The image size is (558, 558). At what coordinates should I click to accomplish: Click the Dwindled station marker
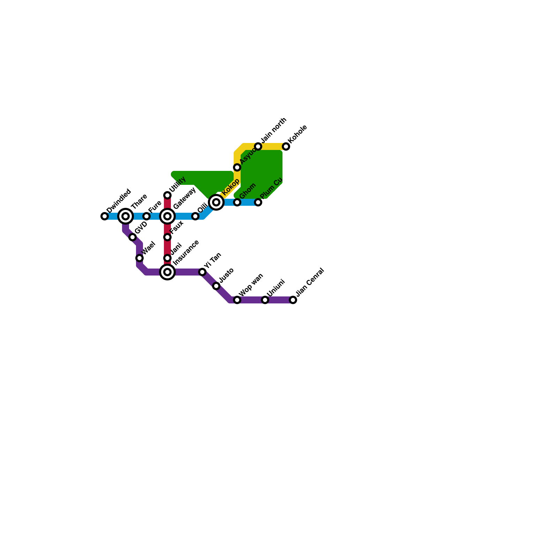[x=105, y=216]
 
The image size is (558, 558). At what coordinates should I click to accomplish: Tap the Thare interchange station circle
[x=126, y=216]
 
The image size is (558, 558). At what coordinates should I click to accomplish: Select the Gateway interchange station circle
[x=167, y=216]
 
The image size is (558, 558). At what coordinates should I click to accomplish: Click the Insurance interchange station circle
[x=167, y=272]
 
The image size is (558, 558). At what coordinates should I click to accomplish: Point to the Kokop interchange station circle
[x=216, y=202]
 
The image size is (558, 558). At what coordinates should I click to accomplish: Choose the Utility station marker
[x=167, y=195]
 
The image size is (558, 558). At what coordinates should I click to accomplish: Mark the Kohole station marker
[x=286, y=146]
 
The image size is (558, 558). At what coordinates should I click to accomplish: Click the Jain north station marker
[x=258, y=146]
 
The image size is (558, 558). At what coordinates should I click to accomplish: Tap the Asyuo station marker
[x=237, y=167]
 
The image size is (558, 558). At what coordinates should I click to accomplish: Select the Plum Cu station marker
[x=258, y=202]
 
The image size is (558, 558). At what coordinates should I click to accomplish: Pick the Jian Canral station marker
[x=293, y=300]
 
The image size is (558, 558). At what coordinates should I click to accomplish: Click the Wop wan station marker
[x=237, y=300]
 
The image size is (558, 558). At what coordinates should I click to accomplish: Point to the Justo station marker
[x=216, y=286]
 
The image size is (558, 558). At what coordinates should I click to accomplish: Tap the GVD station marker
[x=133, y=237]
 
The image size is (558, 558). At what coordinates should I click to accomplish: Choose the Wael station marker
[x=139, y=258]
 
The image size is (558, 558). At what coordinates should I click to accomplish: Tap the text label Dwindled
[x=119, y=201]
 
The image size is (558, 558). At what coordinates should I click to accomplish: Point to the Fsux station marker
[x=167, y=237]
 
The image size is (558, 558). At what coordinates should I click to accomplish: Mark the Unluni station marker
[x=265, y=300]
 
